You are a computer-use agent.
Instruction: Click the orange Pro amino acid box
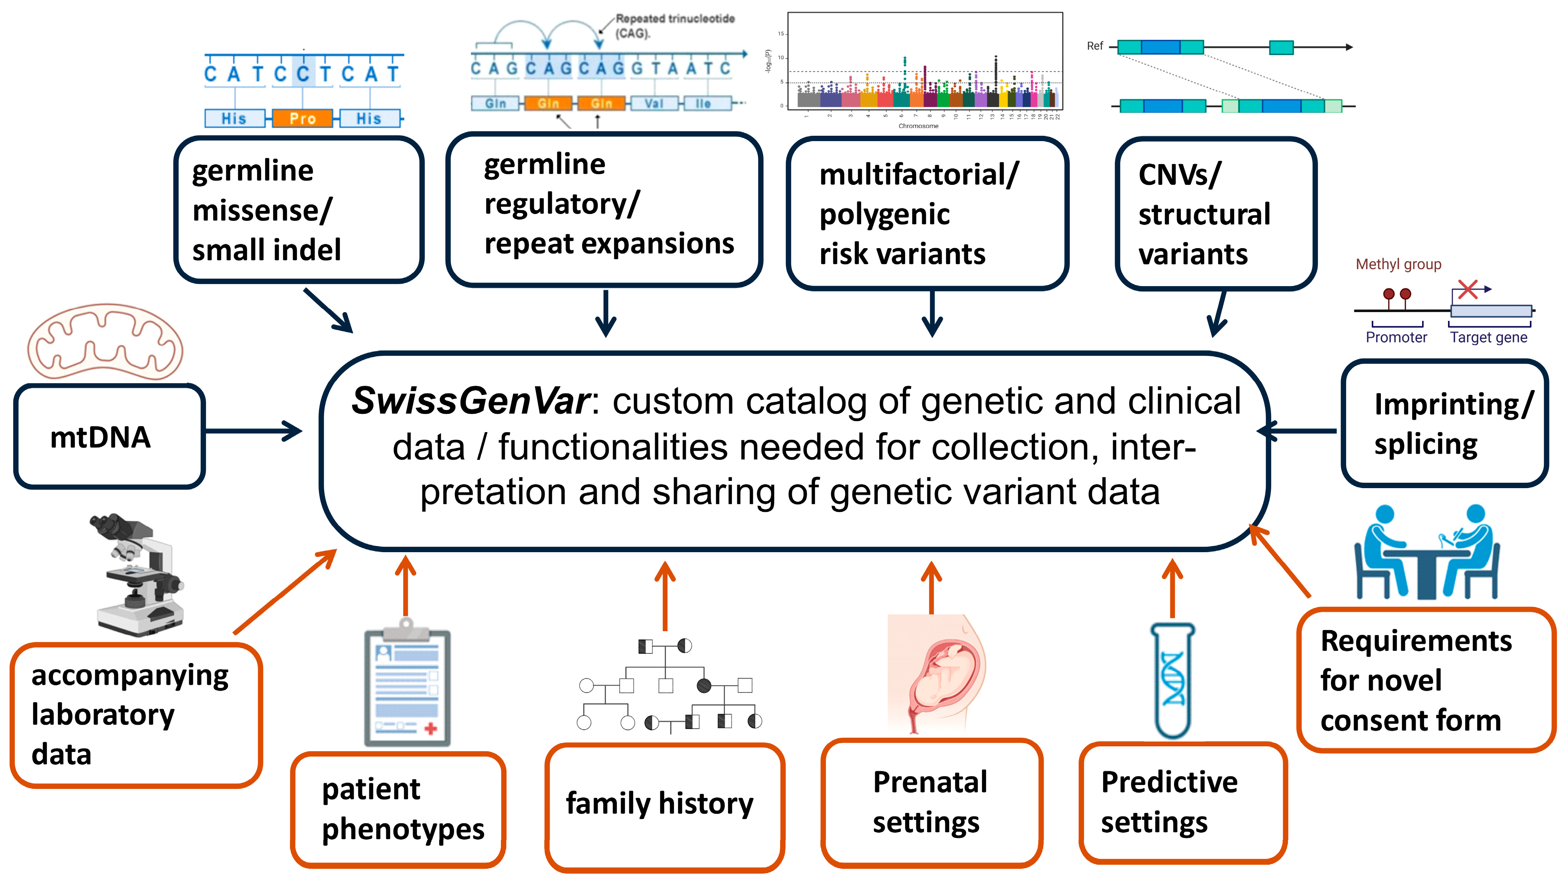302,118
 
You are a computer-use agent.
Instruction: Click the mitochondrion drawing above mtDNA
105,342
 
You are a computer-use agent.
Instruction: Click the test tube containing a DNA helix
1172,680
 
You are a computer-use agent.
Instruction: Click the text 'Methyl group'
1398,265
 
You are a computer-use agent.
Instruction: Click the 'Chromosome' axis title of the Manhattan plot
918,126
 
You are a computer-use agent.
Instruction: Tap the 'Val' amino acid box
654,104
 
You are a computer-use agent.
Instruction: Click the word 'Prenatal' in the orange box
929,783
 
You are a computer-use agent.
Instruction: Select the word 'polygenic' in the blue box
884,214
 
